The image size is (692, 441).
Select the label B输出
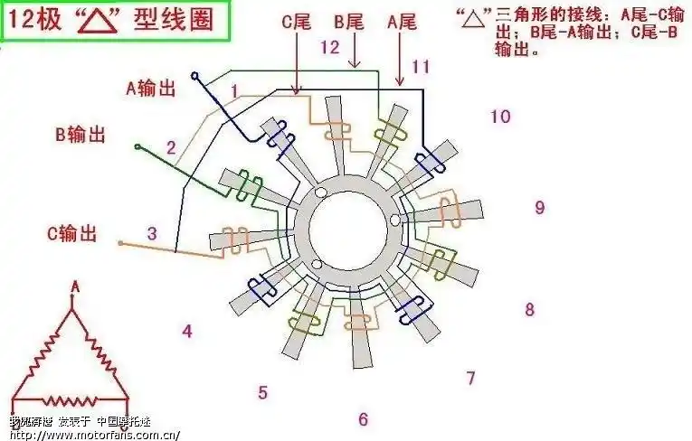click(x=80, y=136)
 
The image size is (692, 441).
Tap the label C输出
click(x=71, y=233)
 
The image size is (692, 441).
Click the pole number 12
click(x=330, y=46)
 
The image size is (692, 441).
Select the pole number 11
click(x=420, y=66)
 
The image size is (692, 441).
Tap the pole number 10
click(x=500, y=116)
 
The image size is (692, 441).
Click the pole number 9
click(x=539, y=208)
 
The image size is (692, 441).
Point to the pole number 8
click(x=530, y=310)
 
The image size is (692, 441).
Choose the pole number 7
click(x=470, y=378)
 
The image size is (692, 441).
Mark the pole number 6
click(x=363, y=419)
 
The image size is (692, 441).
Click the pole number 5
click(x=262, y=393)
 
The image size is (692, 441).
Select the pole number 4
click(x=187, y=332)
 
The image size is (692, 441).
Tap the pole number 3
click(x=152, y=233)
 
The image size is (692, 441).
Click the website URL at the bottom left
click(x=88, y=434)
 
